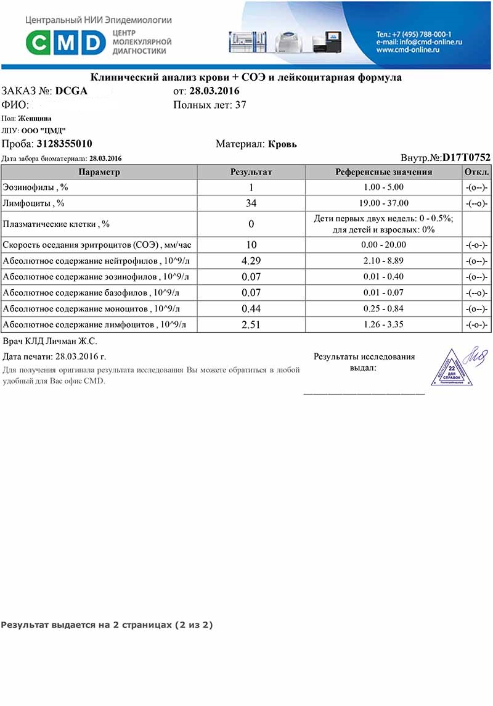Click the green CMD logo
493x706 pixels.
click(65, 43)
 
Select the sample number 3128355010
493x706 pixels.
click(65, 144)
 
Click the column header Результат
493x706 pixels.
click(251, 172)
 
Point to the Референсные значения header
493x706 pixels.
click(383, 172)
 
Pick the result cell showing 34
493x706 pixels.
click(251, 203)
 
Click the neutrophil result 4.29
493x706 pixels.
click(251, 261)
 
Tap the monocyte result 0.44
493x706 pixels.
click(251, 308)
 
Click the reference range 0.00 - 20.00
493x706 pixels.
click(383, 245)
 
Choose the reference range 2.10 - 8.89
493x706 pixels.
click(383, 261)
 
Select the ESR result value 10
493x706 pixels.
click(251, 245)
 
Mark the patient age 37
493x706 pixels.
click(241, 105)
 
